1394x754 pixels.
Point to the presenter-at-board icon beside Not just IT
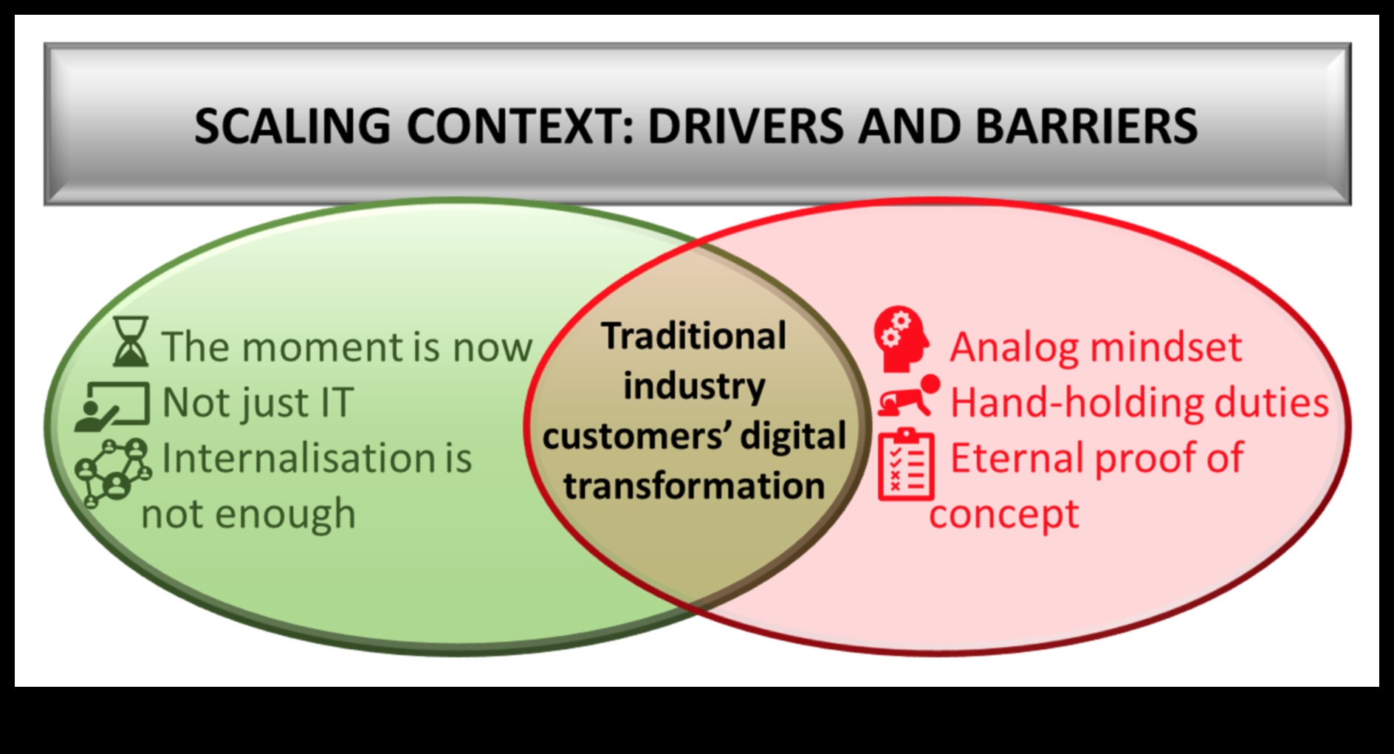[x=113, y=405]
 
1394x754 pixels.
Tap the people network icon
[x=113, y=471]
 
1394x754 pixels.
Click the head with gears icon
[x=902, y=338]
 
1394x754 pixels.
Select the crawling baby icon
[x=909, y=397]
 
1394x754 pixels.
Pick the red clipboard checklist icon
[x=906, y=465]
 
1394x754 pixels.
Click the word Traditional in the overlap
[x=693, y=337]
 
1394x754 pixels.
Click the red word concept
[x=1003, y=514]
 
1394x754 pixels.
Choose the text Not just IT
[x=258, y=403]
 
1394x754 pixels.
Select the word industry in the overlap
[x=694, y=386]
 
